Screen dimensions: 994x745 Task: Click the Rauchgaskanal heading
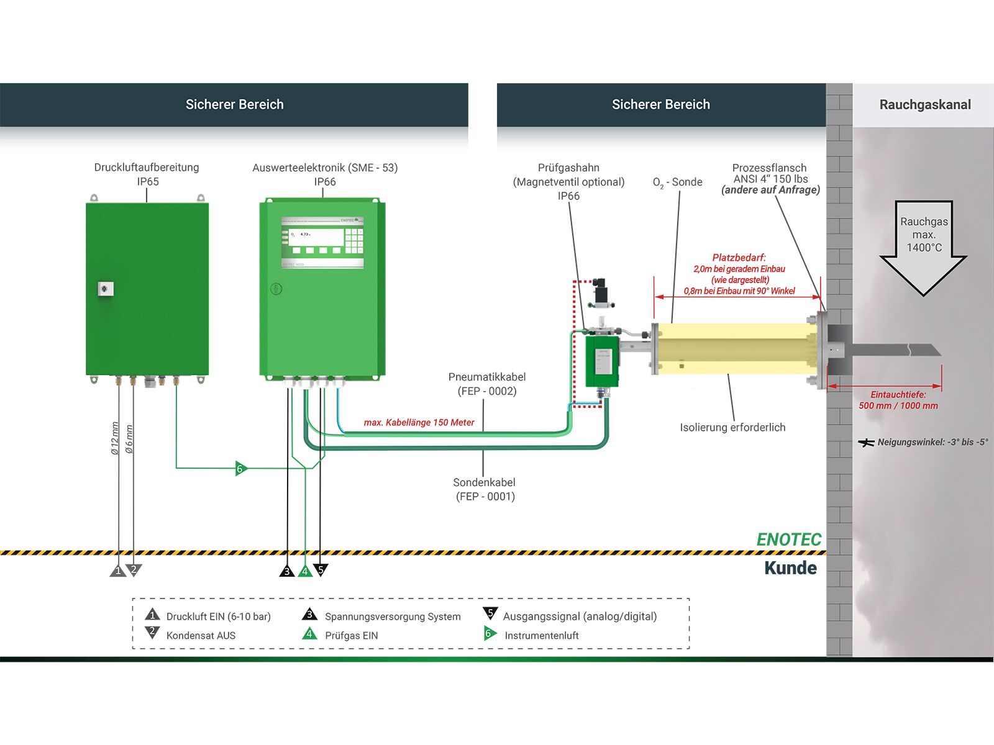pos(924,104)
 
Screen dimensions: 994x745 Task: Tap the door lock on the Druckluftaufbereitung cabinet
pos(106,289)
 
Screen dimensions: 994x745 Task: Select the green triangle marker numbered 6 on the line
pos(241,468)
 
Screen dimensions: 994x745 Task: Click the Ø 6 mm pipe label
pos(129,439)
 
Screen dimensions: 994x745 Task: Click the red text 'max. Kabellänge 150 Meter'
pos(419,423)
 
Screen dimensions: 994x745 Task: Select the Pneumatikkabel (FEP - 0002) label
pos(487,384)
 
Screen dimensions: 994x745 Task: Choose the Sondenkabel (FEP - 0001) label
pos(485,489)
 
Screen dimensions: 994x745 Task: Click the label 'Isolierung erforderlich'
pos(732,428)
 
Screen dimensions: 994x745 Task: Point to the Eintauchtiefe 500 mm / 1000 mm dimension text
pos(898,400)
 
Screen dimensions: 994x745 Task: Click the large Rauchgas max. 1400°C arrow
pos(923,248)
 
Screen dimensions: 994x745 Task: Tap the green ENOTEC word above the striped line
pos(789,539)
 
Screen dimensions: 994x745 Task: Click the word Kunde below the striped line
pos(791,567)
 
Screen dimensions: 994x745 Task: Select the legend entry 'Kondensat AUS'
pos(201,635)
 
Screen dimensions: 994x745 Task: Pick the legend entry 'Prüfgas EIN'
pos(352,635)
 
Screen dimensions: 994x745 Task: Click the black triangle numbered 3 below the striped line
pos(286,571)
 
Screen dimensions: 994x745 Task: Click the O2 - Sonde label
pos(677,183)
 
